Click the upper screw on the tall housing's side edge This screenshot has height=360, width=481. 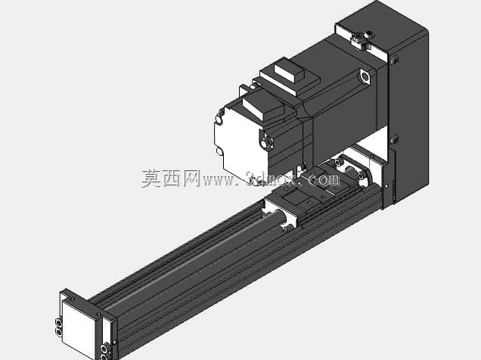(396, 60)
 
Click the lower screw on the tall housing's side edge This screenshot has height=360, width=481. (396, 140)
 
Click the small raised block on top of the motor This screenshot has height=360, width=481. (289, 70)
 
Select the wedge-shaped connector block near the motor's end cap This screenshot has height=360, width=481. (263, 105)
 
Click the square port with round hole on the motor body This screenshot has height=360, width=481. (365, 76)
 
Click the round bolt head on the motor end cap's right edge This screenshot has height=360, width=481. (265, 142)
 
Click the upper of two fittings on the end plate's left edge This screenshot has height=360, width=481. (58, 322)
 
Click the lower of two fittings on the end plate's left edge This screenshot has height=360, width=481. (58, 332)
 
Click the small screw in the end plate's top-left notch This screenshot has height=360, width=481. (72, 298)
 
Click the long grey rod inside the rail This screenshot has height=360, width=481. (197, 255)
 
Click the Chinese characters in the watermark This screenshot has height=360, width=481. (170, 178)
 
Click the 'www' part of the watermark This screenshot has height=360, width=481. (218, 181)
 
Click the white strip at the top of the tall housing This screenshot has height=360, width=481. (361, 39)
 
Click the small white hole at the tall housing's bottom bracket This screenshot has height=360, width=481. (386, 185)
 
